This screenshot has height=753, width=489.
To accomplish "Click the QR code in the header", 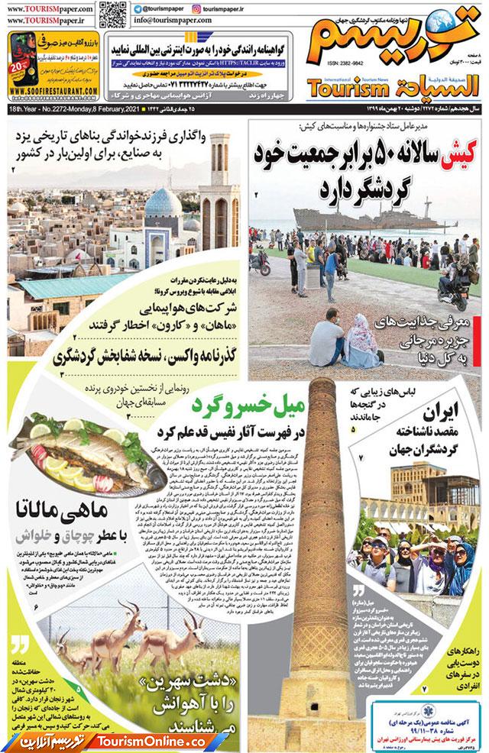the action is click(112, 15).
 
